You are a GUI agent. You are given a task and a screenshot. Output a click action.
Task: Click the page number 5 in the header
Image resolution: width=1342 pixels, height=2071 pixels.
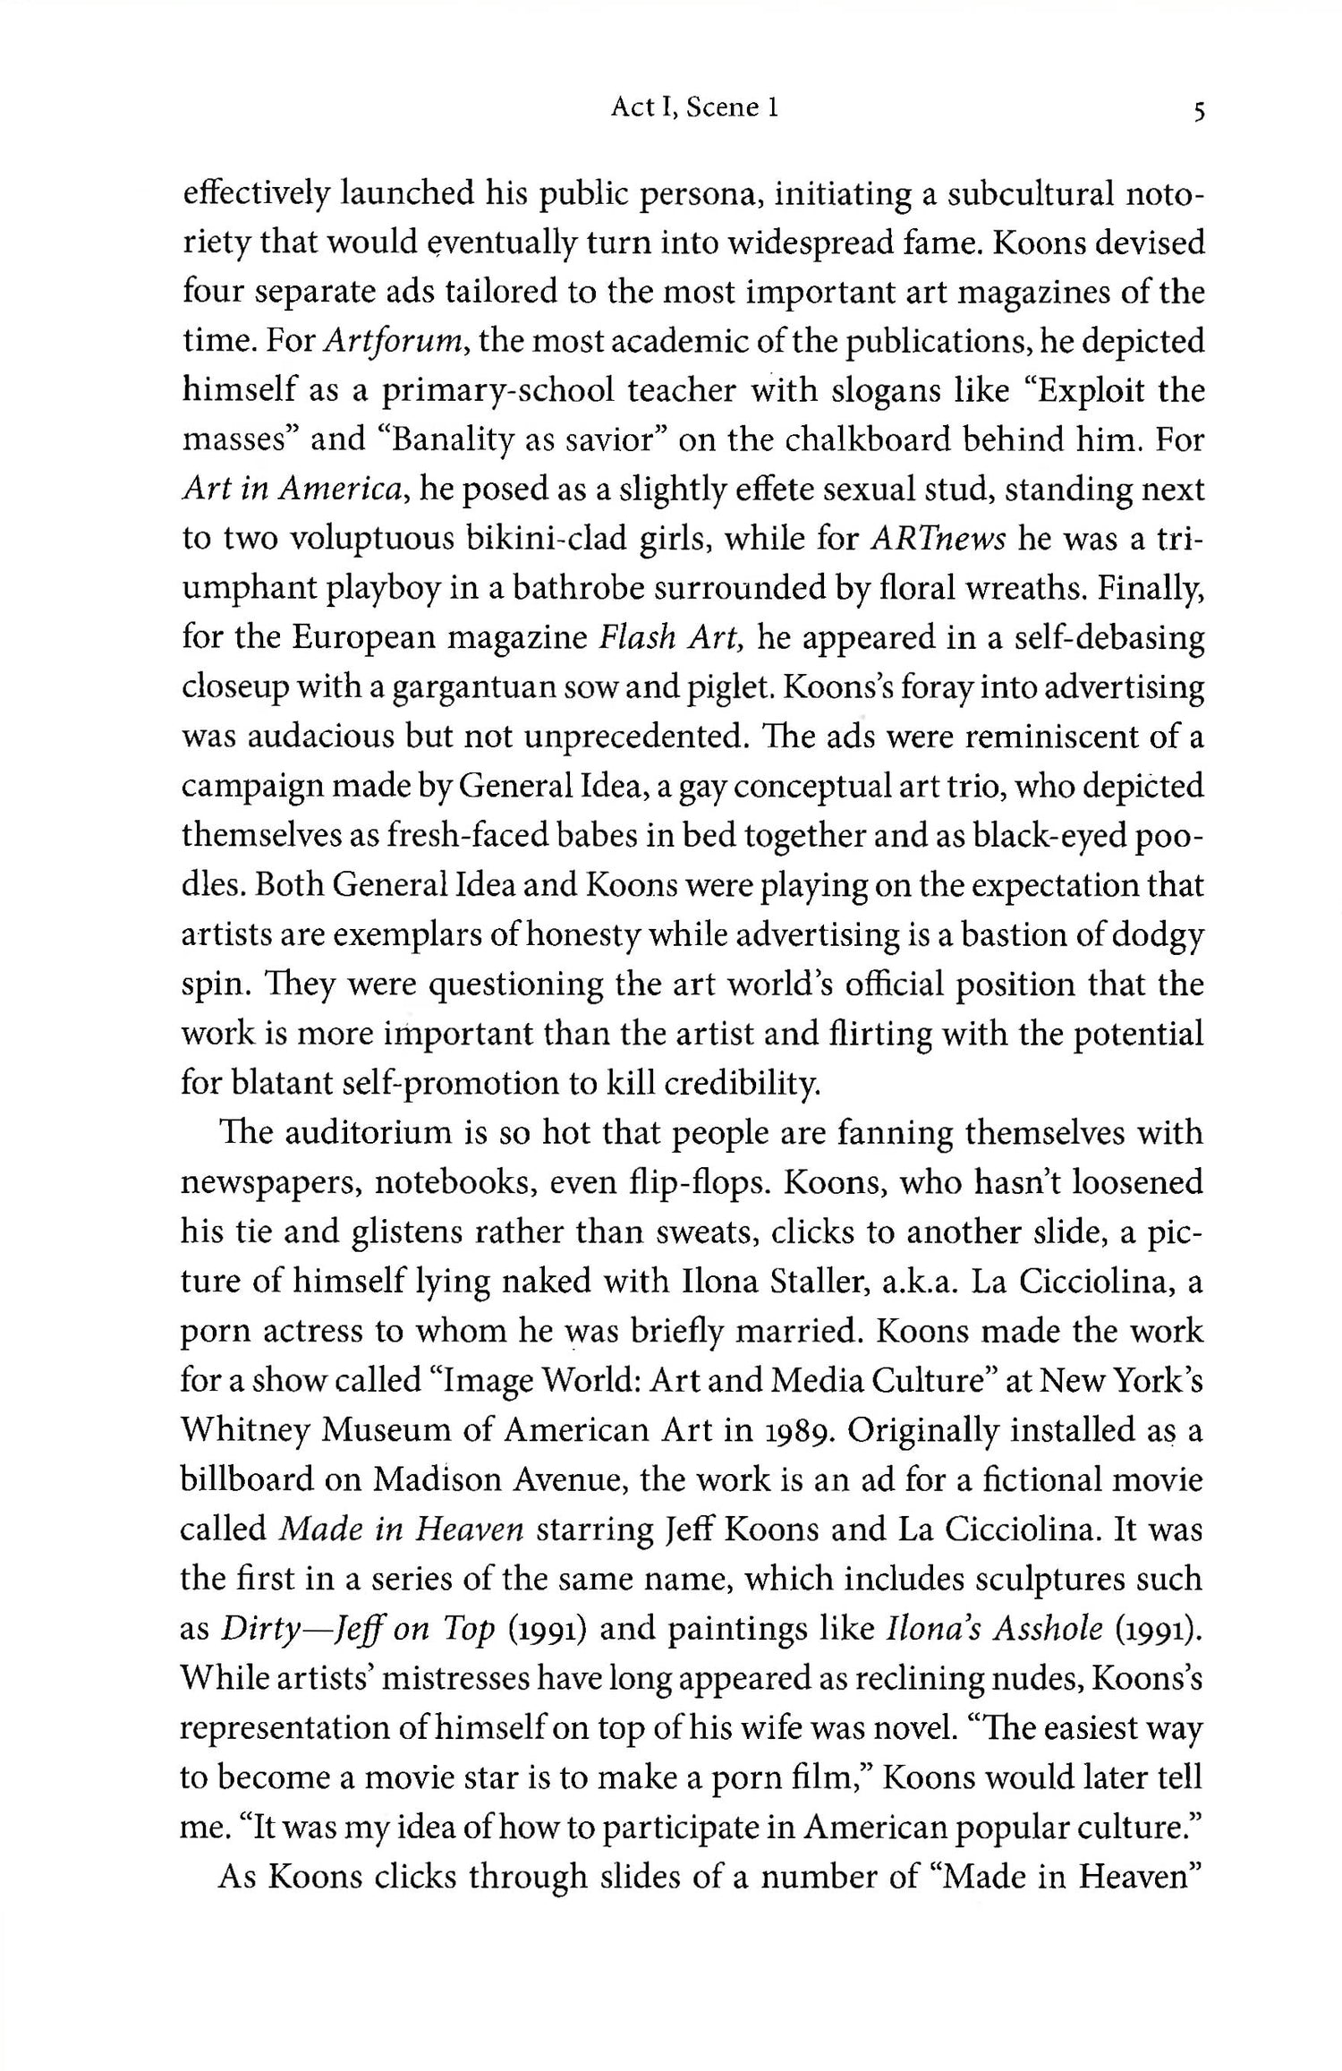coord(1196,111)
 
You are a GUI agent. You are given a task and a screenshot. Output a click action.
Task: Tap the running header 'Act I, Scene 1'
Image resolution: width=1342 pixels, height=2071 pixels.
coord(694,108)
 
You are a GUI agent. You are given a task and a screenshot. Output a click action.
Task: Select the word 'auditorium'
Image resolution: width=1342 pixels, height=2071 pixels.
coord(370,1133)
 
